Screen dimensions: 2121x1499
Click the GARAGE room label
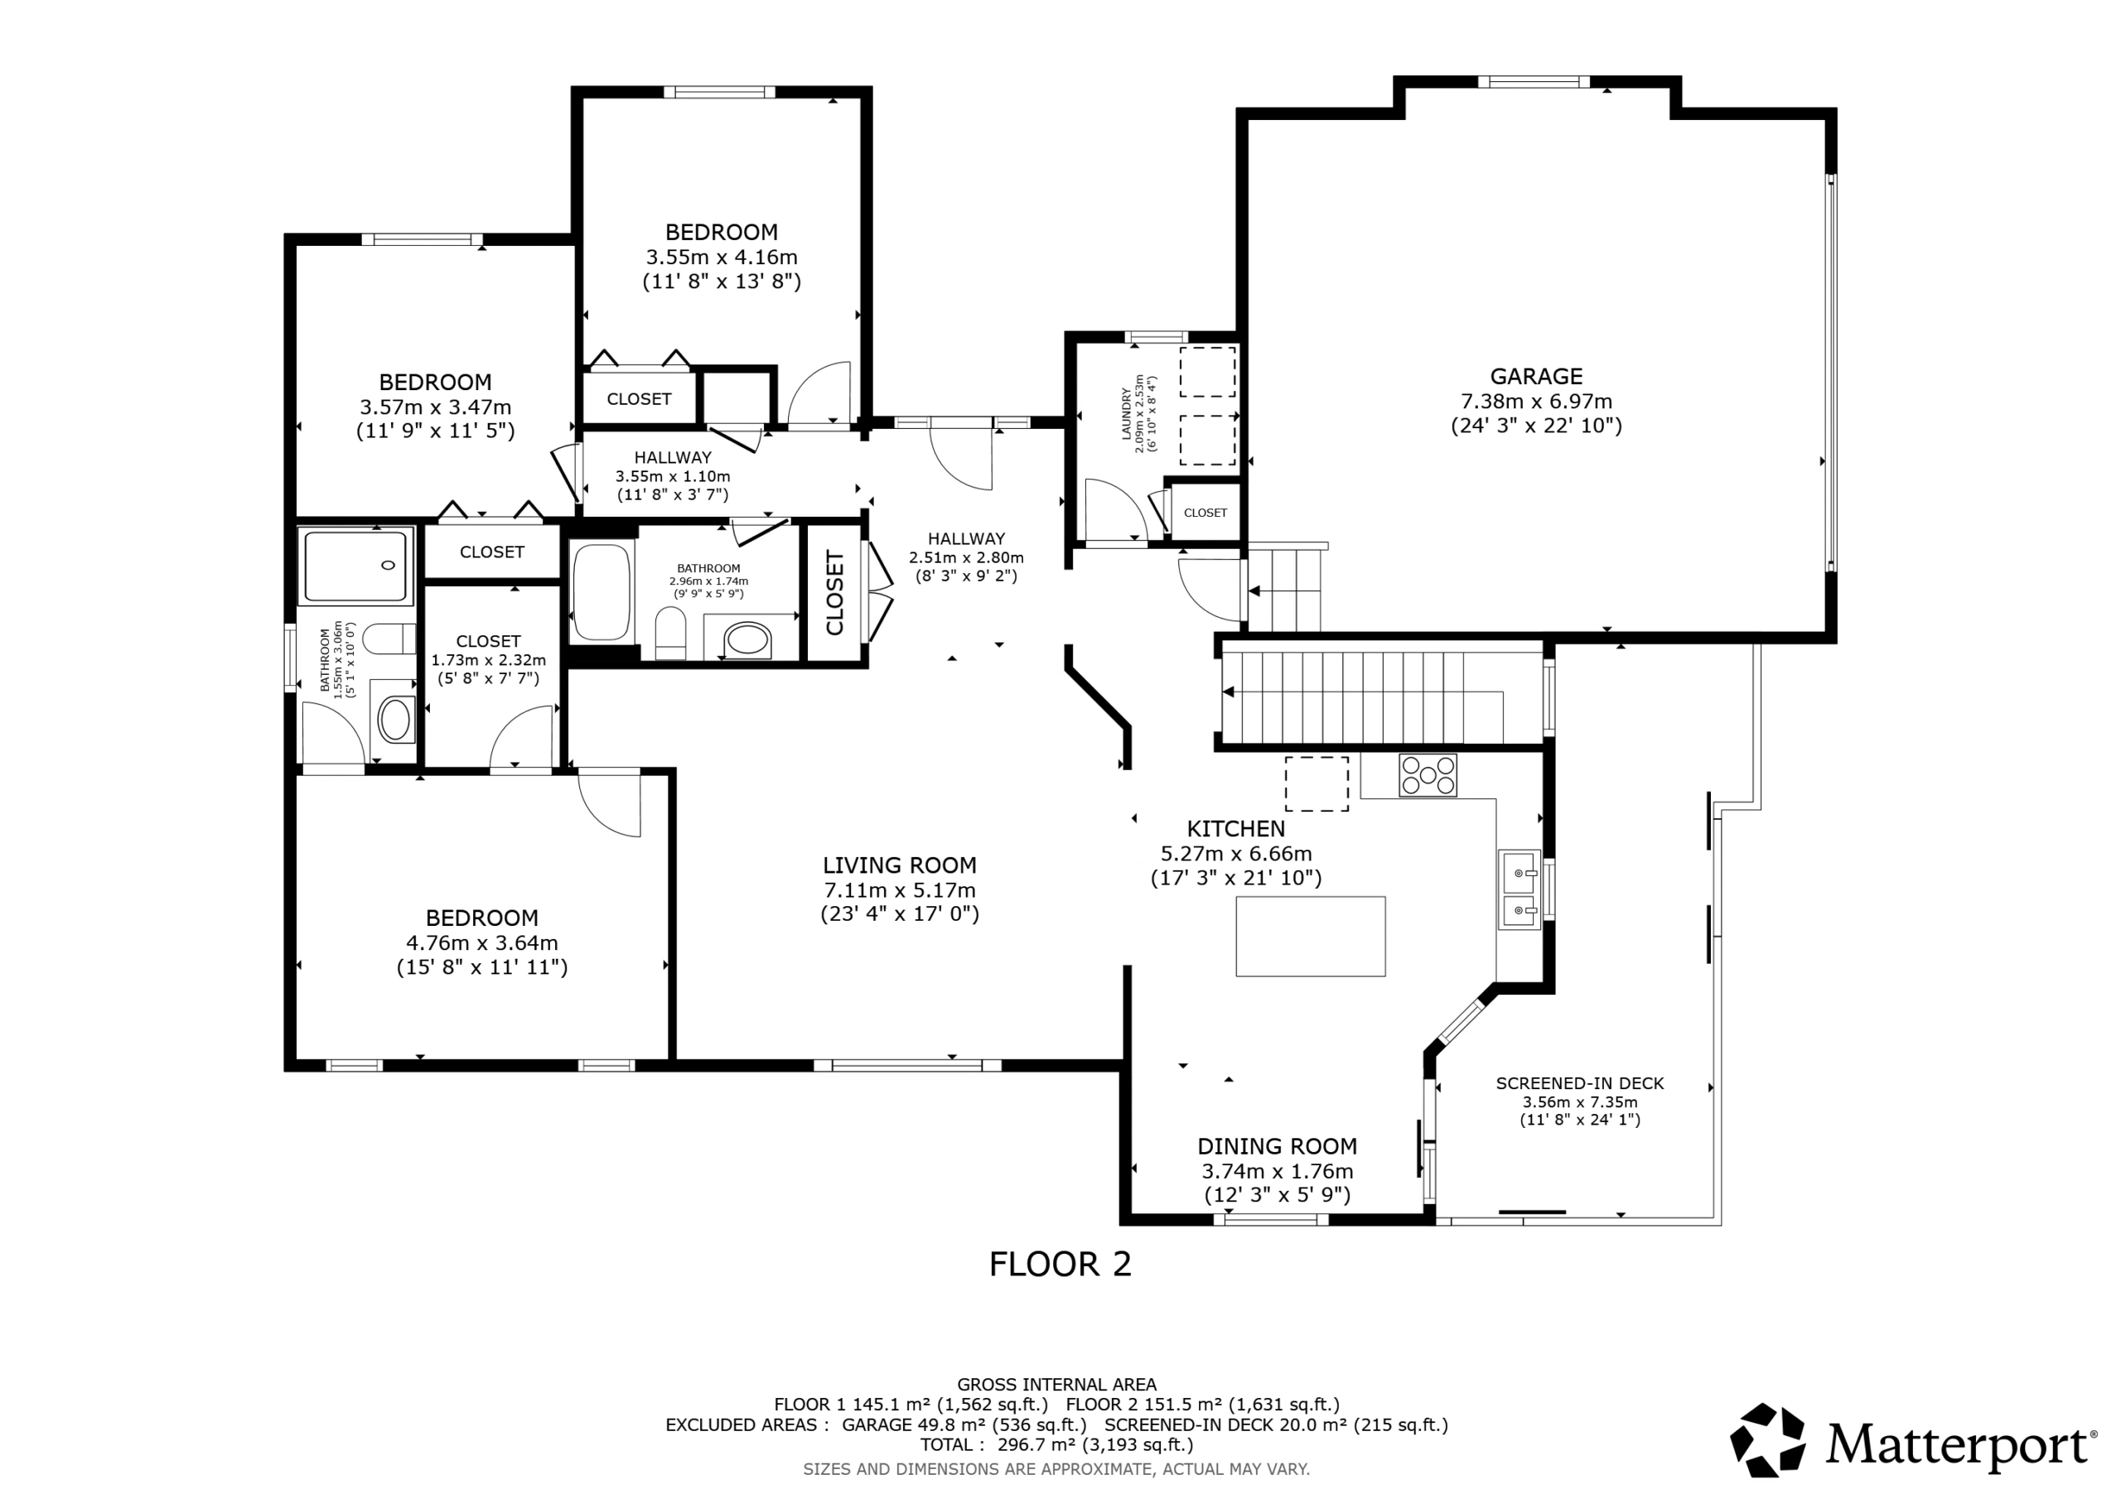click(x=1536, y=376)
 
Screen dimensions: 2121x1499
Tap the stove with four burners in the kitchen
click(x=1428, y=775)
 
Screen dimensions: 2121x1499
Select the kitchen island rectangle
click(x=1310, y=936)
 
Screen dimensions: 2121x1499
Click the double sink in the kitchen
click(x=1519, y=889)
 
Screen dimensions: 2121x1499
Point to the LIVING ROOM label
click(x=900, y=865)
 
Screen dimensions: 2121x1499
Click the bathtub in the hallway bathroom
click(x=602, y=592)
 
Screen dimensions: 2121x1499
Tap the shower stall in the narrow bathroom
click(x=355, y=566)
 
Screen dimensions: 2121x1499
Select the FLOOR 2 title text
click(x=1060, y=1264)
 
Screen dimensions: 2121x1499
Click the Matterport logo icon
click(x=1767, y=1441)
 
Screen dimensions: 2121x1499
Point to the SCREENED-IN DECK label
click(x=1580, y=1083)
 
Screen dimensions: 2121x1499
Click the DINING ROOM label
click(x=1278, y=1146)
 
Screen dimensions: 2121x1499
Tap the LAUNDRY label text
click(x=1126, y=414)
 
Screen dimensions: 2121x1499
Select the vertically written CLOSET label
click(x=835, y=593)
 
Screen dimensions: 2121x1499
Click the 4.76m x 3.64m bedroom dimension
click(x=482, y=943)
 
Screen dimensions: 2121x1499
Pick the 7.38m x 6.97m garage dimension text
click(x=1536, y=401)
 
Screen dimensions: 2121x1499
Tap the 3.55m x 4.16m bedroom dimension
click(x=722, y=257)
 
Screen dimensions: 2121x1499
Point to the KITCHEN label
click(x=1236, y=828)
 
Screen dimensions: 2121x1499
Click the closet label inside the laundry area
click(x=1205, y=513)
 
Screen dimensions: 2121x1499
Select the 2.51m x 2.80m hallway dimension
click(x=966, y=558)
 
